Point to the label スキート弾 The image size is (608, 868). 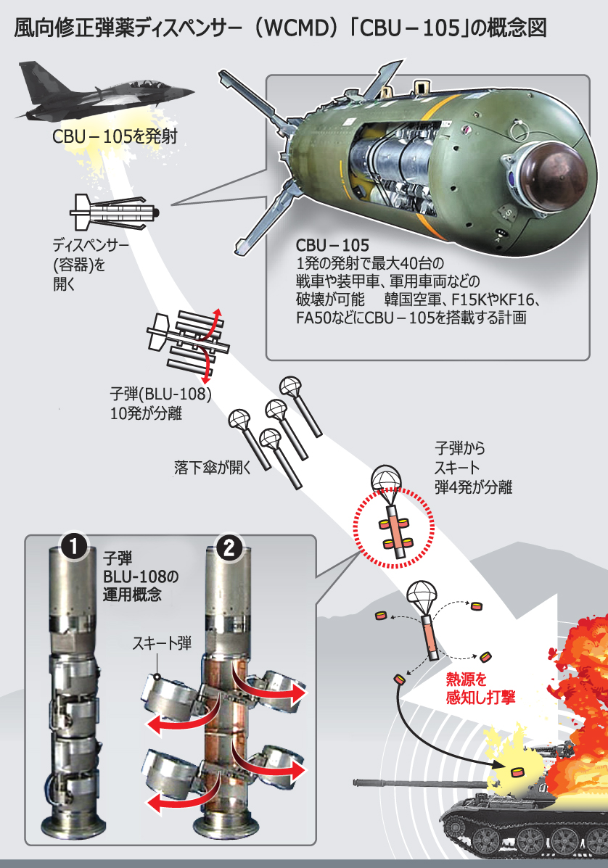[161, 642]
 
